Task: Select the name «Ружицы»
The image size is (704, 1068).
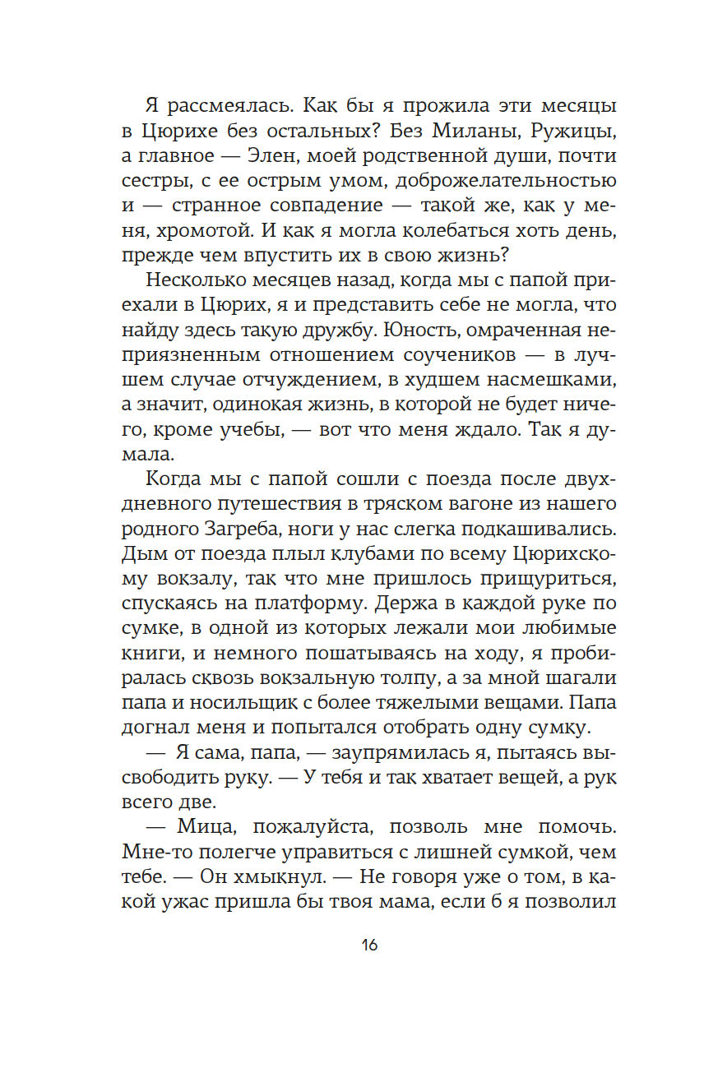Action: pos(577,131)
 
